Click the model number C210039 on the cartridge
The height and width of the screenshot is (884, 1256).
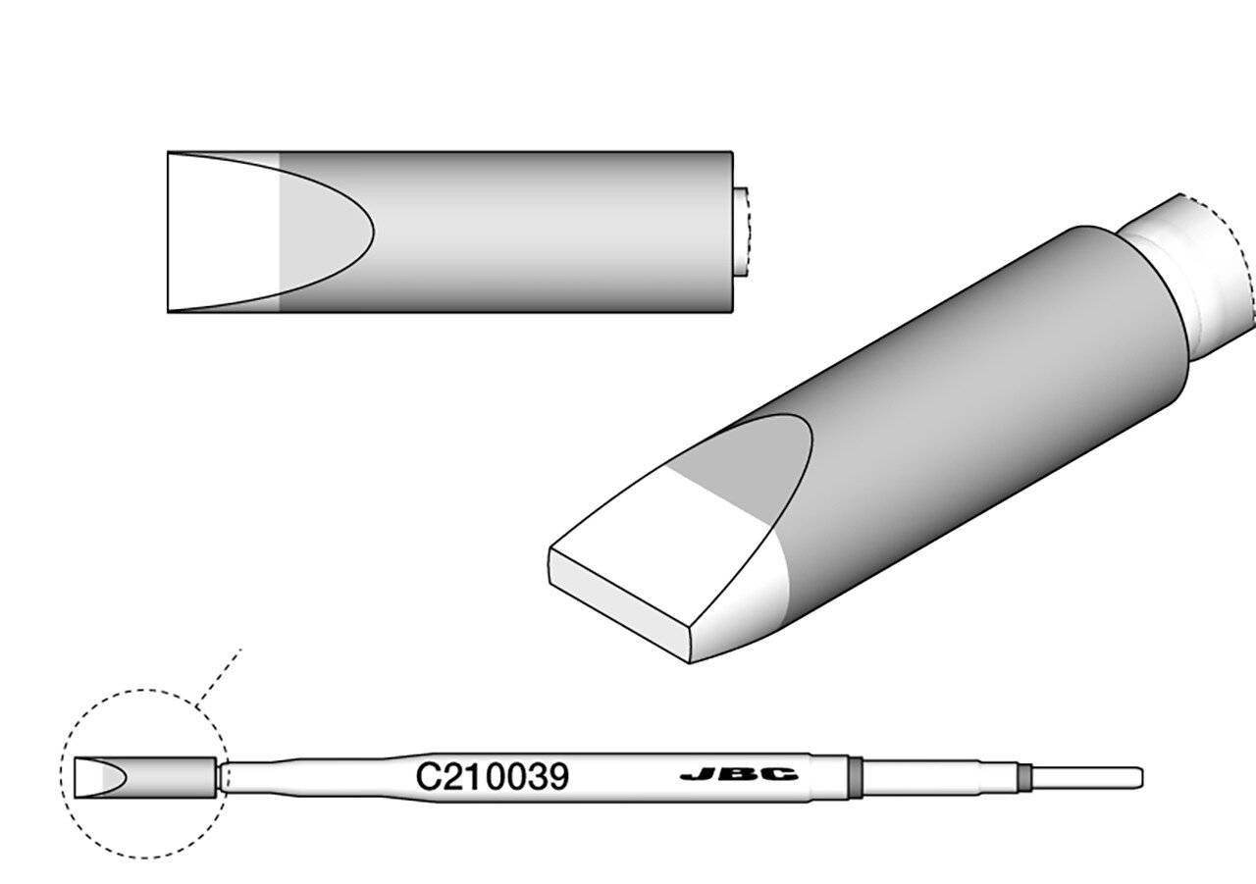click(x=492, y=777)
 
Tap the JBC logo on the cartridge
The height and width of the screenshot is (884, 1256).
click(x=738, y=776)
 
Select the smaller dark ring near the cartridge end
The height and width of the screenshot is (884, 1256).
click(x=1025, y=777)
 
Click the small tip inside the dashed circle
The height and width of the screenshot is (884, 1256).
click(x=143, y=777)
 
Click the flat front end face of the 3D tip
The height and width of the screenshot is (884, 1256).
click(x=618, y=604)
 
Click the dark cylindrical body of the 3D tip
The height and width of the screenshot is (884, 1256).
click(x=981, y=392)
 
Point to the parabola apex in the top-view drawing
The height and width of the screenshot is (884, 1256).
click(x=372, y=232)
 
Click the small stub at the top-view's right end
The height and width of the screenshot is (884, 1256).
click(x=741, y=232)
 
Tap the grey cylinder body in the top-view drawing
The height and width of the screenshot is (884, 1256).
click(x=549, y=232)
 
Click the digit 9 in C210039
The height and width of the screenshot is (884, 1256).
click(x=557, y=777)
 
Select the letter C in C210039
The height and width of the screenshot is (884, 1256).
click(x=426, y=777)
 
